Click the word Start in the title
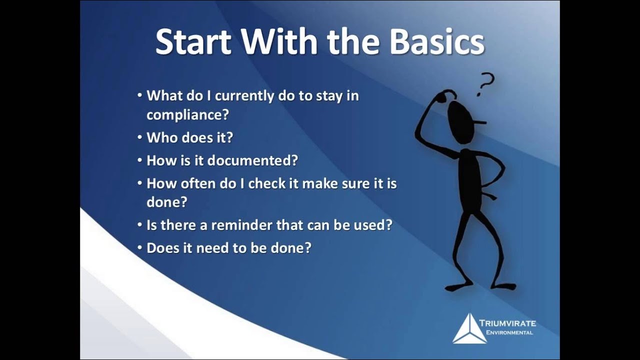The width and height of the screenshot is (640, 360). coord(193,42)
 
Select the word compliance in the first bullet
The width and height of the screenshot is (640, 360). coord(187,114)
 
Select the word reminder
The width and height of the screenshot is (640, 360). coord(242,225)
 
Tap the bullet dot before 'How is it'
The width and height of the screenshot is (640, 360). coord(140,160)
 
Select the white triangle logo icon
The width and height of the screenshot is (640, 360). coord(469,328)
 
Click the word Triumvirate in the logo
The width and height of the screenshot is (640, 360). coord(507,323)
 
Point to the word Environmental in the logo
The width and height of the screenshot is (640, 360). coord(506,332)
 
